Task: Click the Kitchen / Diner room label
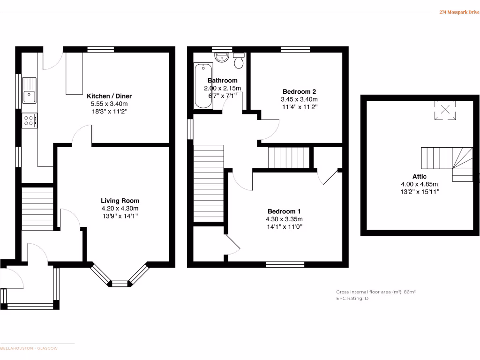point(109,96)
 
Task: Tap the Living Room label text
point(120,201)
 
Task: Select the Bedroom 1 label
point(285,211)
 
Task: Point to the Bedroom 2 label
point(299,91)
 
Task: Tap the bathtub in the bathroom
point(203,86)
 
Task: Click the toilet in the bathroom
point(239,60)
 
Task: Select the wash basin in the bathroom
point(221,57)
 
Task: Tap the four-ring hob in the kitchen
point(29,120)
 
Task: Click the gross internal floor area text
point(376,292)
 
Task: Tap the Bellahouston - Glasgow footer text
point(29,348)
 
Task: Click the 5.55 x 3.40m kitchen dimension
point(109,104)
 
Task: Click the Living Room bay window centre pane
point(120,283)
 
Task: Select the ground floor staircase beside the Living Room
point(37,209)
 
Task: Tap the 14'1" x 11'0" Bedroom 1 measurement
point(285,226)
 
